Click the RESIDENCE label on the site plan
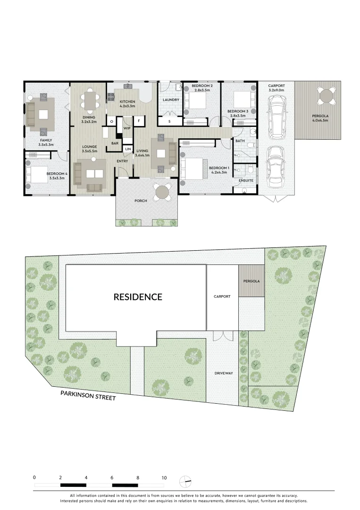(x=138, y=297)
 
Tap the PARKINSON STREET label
(x=87, y=395)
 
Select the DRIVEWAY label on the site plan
(x=224, y=373)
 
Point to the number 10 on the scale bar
(x=164, y=478)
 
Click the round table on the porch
(x=162, y=192)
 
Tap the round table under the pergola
(x=327, y=96)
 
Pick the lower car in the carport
(x=275, y=165)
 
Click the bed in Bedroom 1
(x=193, y=168)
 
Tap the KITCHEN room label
(x=127, y=102)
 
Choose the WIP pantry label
(x=127, y=128)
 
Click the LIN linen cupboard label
(x=127, y=149)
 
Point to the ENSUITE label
(x=245, y=180)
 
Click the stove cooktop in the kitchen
(x=112, y=97)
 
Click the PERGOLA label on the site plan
(x=251, y=281)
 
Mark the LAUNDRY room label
(x=170, y=100)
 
